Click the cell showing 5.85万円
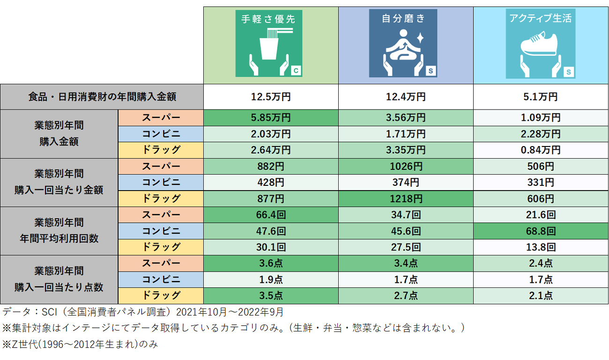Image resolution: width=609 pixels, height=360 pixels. pyautogui.click(x=271, y=118)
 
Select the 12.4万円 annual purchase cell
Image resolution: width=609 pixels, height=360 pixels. pyautogui.click(x=406, y=97)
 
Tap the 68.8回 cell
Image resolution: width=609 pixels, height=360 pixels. pyautogui.click(x=541, y=231)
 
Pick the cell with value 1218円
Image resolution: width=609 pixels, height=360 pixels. pyautogui.click(x=406, y=198)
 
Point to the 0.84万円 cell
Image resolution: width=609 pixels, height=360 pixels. pyautogui.click(x=541, y=150)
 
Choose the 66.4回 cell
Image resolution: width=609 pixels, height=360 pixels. pyautogui.click(x=271, y=215)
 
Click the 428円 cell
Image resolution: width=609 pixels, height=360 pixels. pyautogui.click(x=271, y=182)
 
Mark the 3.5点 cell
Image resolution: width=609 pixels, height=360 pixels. pyautogui.click(x=271, y=295)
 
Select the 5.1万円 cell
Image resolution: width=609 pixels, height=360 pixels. pyautogui.click(x=541, y=97)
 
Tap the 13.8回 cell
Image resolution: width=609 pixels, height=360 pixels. pyautogui.click(x=541, y=247)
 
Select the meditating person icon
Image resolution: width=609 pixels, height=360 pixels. pyautogui.click(x=403, y=47)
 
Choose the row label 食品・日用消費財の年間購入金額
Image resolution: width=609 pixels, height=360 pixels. pyautogui.click(x=102, y=97)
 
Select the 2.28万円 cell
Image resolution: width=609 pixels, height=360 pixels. pyautogui.click(x=541, y=134)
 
